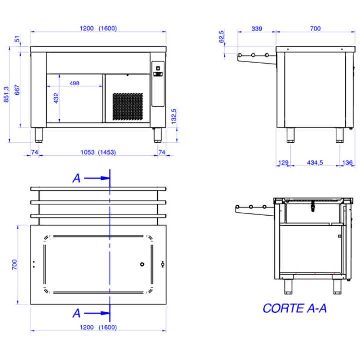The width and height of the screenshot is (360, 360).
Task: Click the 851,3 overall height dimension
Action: pos(6,95)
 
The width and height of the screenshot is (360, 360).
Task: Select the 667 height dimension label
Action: pos(17,89)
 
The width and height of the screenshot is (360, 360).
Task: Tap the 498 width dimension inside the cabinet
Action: pos(75,83)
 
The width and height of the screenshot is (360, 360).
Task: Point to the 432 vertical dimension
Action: pos(56,98)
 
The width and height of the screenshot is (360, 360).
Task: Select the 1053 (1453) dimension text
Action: pos(98,152)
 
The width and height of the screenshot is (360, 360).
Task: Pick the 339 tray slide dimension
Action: pos(256,29)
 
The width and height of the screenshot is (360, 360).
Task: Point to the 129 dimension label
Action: pos(283,163)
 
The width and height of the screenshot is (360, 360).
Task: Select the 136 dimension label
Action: pos(348,163)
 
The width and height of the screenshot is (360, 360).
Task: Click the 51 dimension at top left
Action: pos(18,39)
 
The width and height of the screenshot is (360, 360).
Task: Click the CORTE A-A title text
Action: pos(294,308)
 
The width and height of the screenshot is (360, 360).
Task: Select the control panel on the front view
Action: pos(157,83)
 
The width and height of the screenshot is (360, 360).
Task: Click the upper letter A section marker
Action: pos(76,178)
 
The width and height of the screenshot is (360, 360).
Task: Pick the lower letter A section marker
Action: pos(76,313)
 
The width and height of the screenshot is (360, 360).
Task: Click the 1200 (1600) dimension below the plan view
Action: pos(98,327)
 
